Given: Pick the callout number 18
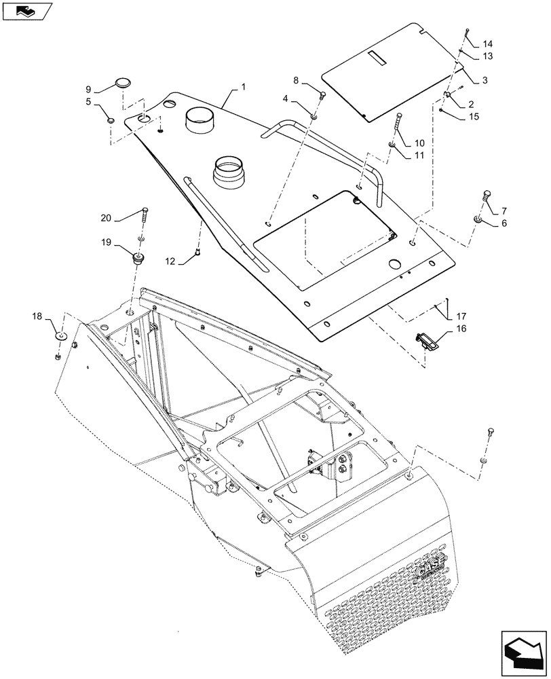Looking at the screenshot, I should pyautogui.click(x=37, y=316).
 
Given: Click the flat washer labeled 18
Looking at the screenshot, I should pyautogui.click(x=61, y=336).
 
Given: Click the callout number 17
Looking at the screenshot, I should pyautogui.click(x=461, y=316).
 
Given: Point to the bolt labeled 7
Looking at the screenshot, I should pyautogui.click(x=486, y=196).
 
